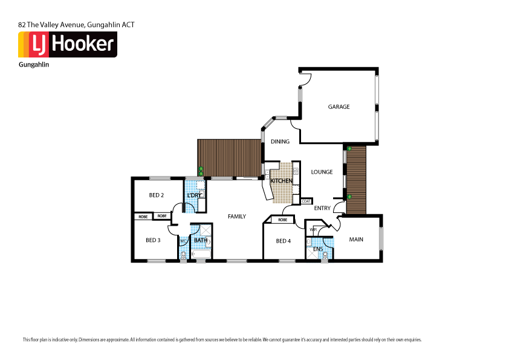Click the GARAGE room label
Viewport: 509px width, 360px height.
coord(339,106)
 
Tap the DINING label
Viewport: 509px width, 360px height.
coord(280,142)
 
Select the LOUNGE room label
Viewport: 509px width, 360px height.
coord(322,172)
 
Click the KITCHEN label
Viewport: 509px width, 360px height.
coord(281,181)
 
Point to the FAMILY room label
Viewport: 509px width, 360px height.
coord(236,216)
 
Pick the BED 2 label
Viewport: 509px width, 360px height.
coord(156,195)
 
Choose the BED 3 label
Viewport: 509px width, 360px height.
coord(153,240)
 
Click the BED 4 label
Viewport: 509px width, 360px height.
coord(283,241)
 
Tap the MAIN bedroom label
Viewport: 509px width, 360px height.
coord(356,240)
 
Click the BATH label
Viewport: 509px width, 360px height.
coord(200,240)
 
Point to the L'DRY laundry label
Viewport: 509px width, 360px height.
coord(194,195)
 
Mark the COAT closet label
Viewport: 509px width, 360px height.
coord(306,201)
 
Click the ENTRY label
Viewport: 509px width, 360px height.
coord(322,208)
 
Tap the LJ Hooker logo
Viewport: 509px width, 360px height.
coord(67,44)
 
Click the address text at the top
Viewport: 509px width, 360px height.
coord(76,25)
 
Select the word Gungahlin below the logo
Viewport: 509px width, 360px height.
coord(34,64)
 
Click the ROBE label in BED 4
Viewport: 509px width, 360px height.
coord(282,220)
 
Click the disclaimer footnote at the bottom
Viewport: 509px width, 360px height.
coord(221,339)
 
